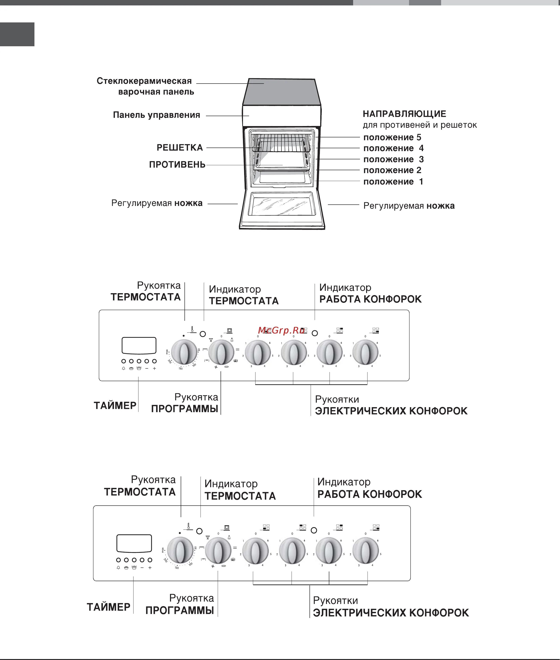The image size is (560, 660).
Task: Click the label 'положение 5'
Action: [x=392, y=138]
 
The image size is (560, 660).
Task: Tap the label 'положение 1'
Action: [x=393, y=182]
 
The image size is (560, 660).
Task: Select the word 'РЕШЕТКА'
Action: [x=180, y=148]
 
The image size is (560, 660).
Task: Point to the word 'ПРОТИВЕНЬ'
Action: [x=177, y=165]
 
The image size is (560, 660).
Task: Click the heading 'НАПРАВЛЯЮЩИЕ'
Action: [x=405, y=114]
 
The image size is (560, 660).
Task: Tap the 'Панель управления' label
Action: [x=156, y=115]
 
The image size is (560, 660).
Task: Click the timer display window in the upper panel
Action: [x=139, y=345]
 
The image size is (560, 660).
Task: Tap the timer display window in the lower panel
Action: [x=134, y=543]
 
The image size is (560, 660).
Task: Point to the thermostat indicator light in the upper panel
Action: [x=203, y=334]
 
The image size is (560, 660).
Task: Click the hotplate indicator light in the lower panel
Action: [x=314, y=530]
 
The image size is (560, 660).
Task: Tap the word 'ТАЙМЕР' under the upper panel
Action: [x=115, y=406]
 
